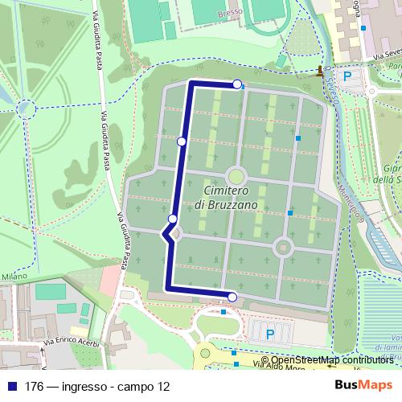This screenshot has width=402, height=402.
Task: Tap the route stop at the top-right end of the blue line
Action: point(236,84)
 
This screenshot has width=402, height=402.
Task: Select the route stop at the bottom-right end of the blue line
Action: point(232,297)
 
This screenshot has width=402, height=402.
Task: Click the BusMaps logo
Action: point(364,385)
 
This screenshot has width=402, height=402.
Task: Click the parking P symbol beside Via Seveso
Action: point(347,76)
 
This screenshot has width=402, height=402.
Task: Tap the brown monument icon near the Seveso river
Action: point(320,71)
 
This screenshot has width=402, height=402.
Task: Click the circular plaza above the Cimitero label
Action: point(236,174)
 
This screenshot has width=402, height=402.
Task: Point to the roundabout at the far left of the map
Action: point(27,107)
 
